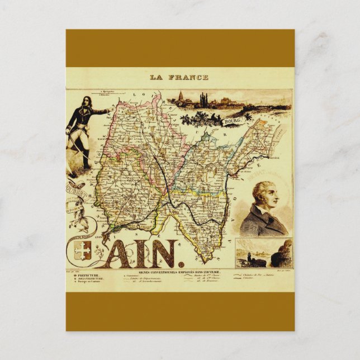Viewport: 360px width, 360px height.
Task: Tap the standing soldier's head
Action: [86, 103]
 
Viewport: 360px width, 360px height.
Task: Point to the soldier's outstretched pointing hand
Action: [108, 111]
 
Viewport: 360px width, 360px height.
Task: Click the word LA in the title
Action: [158, 77]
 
